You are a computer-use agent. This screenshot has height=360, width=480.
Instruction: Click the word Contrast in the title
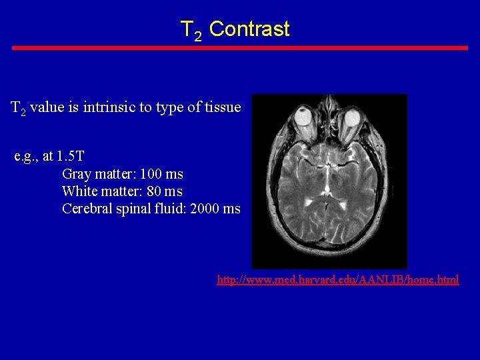click(x=249, y=29)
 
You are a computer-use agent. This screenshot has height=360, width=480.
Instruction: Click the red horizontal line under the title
click(x=240, y=48)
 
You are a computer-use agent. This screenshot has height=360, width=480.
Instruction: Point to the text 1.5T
click(x=71, y=157)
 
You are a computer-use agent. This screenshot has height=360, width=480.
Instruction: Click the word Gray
click(x=77, y=175)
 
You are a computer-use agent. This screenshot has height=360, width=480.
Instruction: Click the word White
click(x=80, y=191)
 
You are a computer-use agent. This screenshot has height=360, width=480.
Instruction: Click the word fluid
click(x=171, y=209)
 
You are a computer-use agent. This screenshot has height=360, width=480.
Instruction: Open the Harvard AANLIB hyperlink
click(x=338, y=280)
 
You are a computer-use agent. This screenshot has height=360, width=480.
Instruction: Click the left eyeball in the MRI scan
click(x=305, y=119)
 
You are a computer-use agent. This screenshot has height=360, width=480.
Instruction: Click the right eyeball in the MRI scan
click(x=351, y=119)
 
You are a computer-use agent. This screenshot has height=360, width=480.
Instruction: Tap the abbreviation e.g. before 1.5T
click(x=26, y=157)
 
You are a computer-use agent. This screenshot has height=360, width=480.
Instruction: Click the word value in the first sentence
click(x=47, y=107)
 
